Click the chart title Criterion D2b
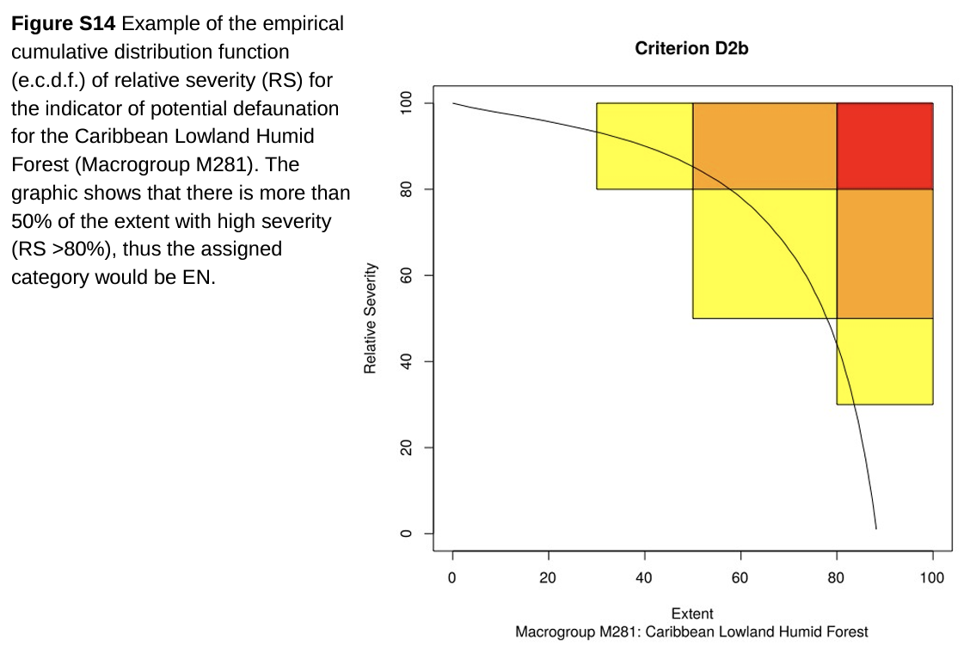[x=691, y=49]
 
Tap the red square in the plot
[x=884, y=146]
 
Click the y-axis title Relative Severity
[x=371, y=318]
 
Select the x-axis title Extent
[x=691, y=613]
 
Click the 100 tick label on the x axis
[x=932, y=577]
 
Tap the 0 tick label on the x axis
[x=452, y=577]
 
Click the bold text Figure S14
[x=63, y=24]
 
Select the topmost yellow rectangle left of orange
[x=644, y=146]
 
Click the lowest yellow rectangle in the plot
[x=884, y=361]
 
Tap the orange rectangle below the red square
[x=884, y=254]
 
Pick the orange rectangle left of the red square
[x=764, y=146]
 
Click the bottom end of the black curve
[x=875, y=527]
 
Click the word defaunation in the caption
[x=288, y=109]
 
